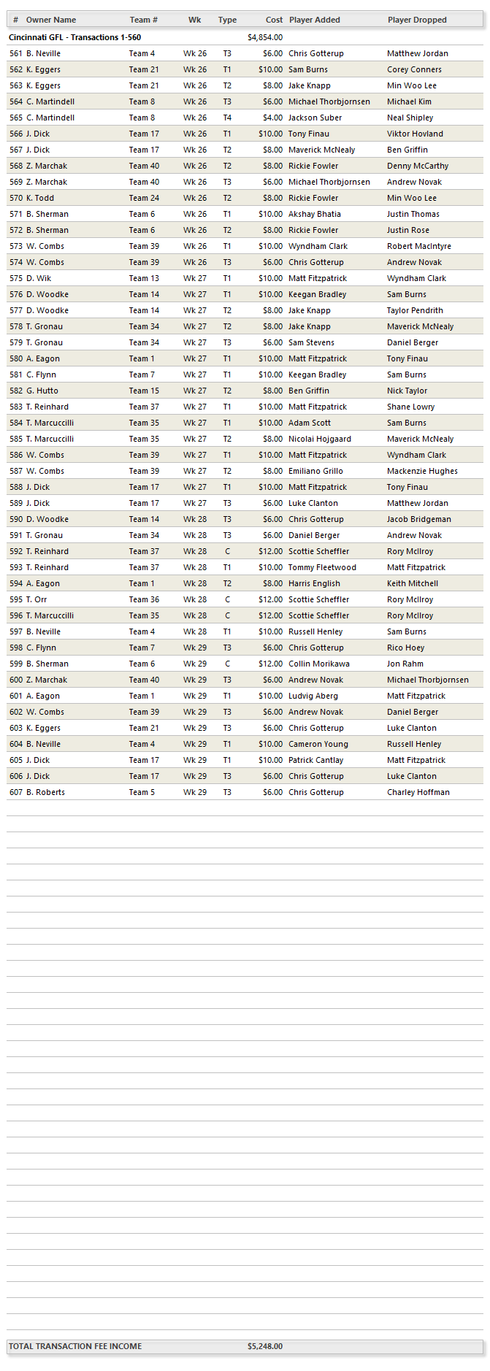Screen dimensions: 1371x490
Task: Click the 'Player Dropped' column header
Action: (x=417, y=20)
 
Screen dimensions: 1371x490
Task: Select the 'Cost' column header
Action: (x=274, y=20)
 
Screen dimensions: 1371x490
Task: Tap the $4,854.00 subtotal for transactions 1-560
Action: (x=265, y=37)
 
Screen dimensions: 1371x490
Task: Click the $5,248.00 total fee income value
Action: (x=265, y=1346)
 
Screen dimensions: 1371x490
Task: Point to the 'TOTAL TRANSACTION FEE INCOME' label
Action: (x=75, y=1346)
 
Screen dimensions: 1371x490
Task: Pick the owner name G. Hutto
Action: (x=42, y=391)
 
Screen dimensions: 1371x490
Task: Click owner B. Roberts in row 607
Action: (x=45, y=792)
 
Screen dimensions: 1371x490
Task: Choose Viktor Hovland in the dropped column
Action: (x=415, y=134)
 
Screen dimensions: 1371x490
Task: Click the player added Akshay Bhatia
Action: (x=315, y=214)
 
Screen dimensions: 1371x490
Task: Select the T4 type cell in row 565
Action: (x=227, y=118)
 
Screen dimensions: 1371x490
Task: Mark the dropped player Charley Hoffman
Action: (x=418, y=792)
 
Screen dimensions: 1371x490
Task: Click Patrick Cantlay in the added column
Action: (x=315, y=760)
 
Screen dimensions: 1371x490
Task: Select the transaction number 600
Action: (x=16, y=680)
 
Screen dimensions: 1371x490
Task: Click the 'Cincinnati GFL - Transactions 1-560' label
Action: (x=75, y=37)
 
